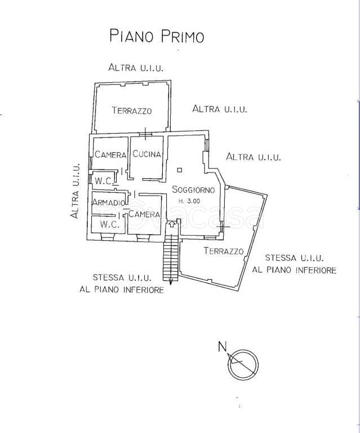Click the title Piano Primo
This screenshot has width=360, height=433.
(157, 36)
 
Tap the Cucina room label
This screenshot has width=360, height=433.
(146, 153)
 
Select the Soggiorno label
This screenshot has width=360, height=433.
(193, 189)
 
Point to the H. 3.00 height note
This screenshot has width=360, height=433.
(189, 201)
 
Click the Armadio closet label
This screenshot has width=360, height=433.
(108, 202)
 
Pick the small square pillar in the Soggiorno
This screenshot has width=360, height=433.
(179, 170)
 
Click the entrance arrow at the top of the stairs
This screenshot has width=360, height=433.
(172, 224)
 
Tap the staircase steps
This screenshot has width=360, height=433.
(170, 257)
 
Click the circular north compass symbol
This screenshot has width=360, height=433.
(243, 365)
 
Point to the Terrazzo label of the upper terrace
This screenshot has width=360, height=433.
(132, 111)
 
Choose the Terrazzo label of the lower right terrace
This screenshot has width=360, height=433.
(224, 251)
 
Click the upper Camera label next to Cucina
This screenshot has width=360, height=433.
(110, 154)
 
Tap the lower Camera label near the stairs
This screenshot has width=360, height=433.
(144, 214)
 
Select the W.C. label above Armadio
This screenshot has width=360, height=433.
(104, 181)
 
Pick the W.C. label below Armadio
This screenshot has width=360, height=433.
(109, 224)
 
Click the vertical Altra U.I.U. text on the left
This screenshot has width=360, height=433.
(75, 191)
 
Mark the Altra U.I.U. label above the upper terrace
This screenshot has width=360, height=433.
(136, 68)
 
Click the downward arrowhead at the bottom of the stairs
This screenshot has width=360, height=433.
(171, 282)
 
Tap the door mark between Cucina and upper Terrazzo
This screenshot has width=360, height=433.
(145, 134)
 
